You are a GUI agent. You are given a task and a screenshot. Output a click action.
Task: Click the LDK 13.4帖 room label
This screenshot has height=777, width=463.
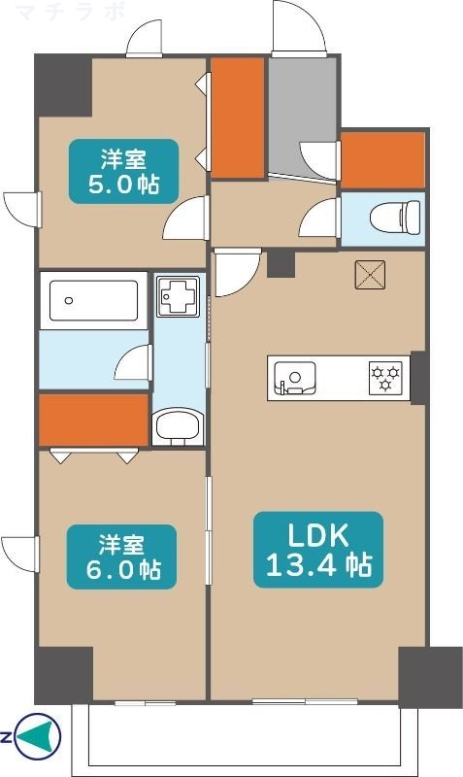[318, 550]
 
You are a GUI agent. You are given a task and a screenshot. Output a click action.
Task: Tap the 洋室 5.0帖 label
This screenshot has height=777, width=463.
[124, 171]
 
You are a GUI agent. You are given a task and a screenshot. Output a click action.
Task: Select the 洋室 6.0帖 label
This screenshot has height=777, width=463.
[122, 557]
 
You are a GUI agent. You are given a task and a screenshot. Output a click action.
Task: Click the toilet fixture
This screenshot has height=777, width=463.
[395, 217]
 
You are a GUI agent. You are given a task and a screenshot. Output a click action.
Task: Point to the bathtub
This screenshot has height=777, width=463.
[94, 300]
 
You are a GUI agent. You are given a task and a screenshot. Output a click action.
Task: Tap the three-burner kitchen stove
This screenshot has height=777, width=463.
[385, 378]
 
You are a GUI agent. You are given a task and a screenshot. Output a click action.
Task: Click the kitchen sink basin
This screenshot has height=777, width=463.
[295, 378]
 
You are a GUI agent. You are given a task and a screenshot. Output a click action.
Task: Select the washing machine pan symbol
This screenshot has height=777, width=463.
[179, 296]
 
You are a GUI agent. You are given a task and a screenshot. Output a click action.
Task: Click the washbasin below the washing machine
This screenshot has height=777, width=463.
[177, 426]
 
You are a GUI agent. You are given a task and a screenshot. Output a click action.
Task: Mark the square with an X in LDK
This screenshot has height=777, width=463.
[371, 275]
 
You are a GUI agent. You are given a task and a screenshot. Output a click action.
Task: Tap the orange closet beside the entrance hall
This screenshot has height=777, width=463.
[237, 118]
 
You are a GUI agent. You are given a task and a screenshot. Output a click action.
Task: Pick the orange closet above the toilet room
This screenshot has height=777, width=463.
[382, 160]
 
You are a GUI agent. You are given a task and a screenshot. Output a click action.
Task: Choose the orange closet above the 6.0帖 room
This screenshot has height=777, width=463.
[93, 420]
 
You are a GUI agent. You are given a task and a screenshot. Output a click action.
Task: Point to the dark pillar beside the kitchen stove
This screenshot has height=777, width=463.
[418, 377]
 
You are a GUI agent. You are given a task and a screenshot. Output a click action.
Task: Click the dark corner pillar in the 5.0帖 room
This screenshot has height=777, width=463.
[63, 85]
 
